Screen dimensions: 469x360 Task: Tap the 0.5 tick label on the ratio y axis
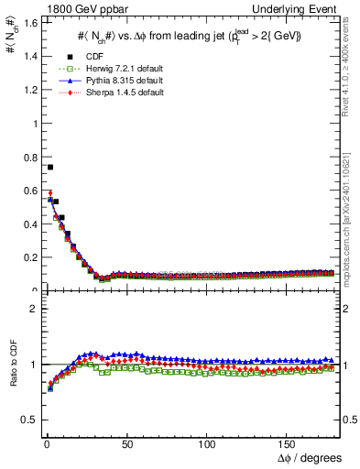coord(28,420)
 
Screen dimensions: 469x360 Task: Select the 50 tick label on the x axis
coord(126,444)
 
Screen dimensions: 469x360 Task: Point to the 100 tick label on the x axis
coord(207,444)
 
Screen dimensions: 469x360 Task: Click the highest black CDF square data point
coord(50,167)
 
